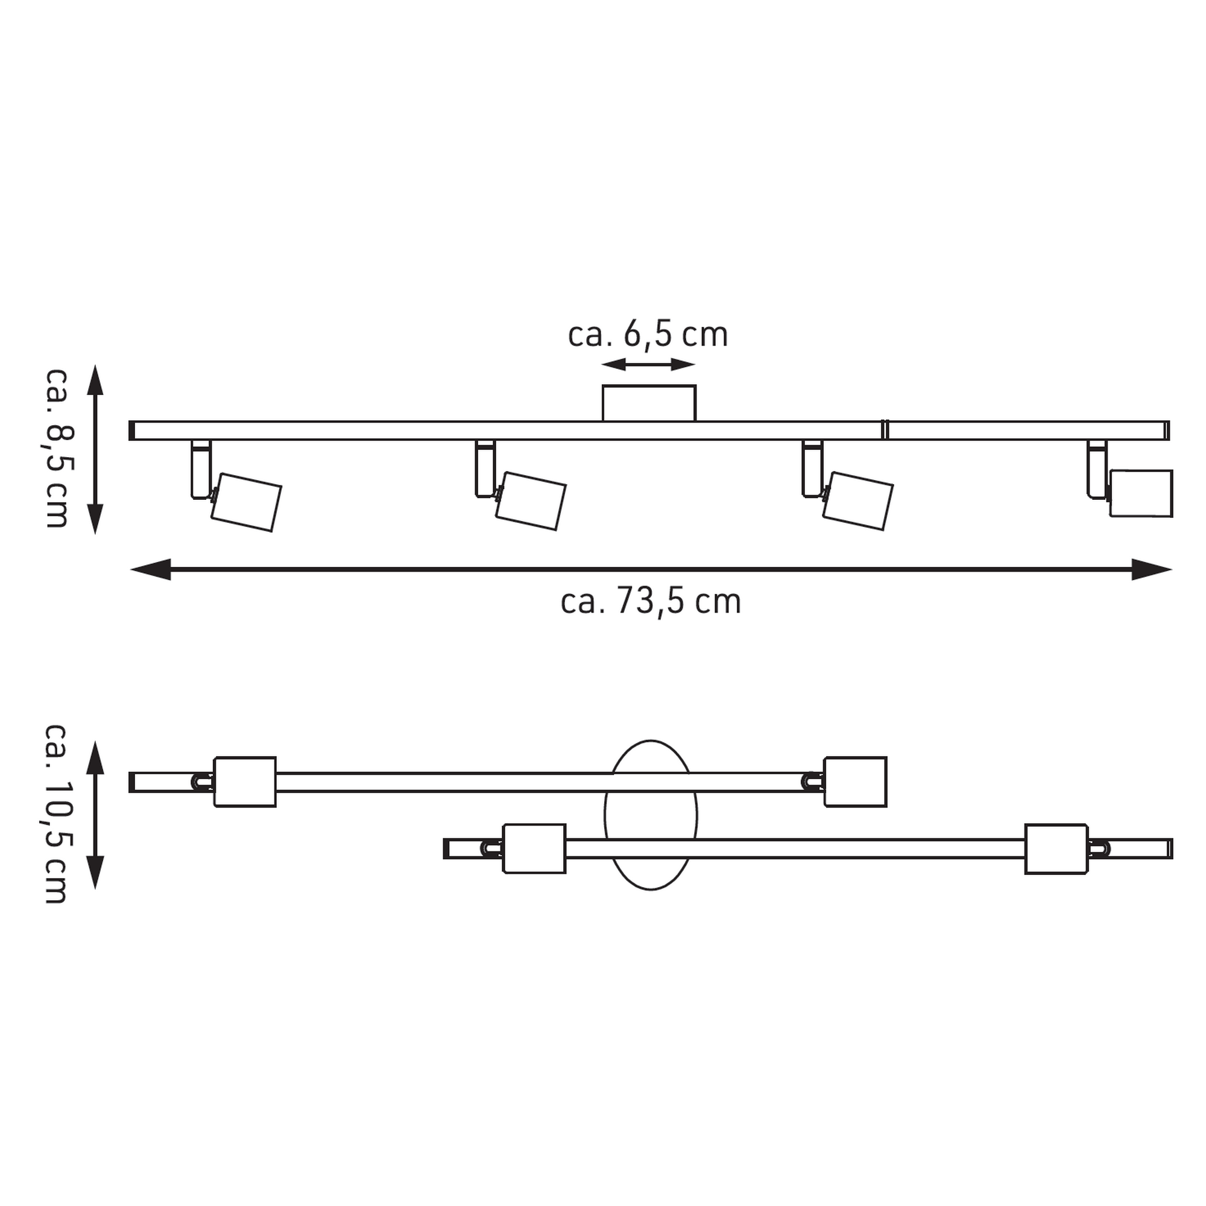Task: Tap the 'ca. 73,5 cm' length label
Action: pos(651,601)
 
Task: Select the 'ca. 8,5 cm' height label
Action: pos(56,447)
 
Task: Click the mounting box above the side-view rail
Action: pos(649,403)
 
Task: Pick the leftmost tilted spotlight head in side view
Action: pos(246,502)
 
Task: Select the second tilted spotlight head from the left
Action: pos(531,501)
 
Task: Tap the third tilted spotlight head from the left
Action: pos(857,501)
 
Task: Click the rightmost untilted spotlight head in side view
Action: pos(1140,493)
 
